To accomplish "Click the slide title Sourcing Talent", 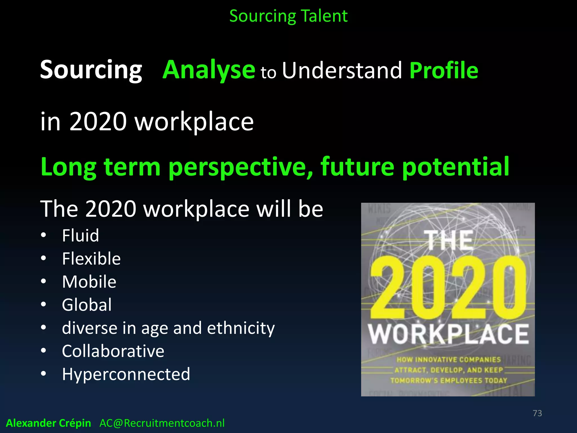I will coord(288,16).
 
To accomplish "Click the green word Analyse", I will coord(209,70).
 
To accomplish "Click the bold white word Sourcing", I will coord(91,70).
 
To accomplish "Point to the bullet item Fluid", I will coord(81,235).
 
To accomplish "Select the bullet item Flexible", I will coord(91,259).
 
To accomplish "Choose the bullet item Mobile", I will coord(89,282).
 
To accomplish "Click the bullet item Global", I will coord(87,305).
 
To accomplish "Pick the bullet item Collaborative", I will coord(113,351).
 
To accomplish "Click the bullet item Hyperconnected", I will coord(126,374).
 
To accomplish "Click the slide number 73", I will coord(537,413).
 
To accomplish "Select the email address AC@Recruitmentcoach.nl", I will coord(162,423).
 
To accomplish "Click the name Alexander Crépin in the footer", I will coord(48,423).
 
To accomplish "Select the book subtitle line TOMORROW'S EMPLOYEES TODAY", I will coord(449,381).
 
